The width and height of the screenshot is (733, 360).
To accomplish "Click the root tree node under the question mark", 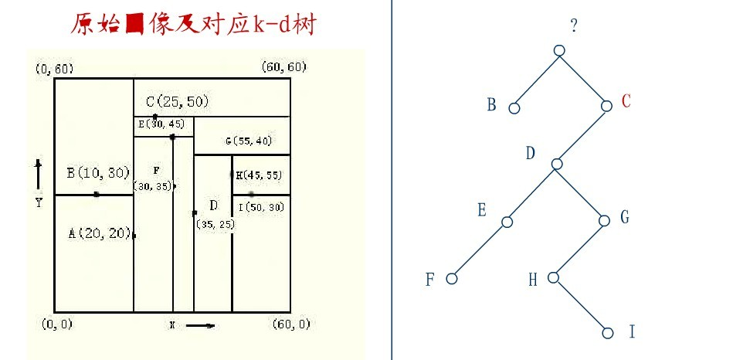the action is click(x=560, y=51).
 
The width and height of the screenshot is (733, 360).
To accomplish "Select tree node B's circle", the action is click(x=514, y=109).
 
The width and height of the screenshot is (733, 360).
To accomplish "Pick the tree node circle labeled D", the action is click(x=557, y=164).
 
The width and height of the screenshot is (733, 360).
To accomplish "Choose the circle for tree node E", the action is click(x=507, y=222).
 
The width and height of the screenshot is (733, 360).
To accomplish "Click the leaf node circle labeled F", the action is click(x=453, y=279).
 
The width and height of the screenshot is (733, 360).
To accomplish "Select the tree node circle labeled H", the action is click(x=554, y=277).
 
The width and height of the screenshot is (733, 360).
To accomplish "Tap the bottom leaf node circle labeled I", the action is click(x=608, y=333).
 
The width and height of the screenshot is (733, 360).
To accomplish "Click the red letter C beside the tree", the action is click(x=626, y=102).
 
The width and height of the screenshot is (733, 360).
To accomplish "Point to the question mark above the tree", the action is click(x=574, y=26).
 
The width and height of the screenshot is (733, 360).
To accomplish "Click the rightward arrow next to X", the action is click(x=201, y=325).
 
